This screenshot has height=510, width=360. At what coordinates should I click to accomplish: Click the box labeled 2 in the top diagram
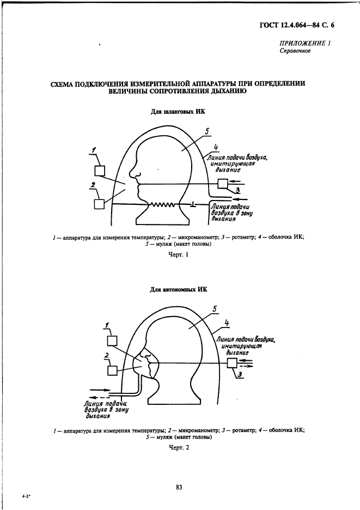tap(99, 203)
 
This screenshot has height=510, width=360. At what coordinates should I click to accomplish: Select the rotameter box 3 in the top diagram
tap(223, 184)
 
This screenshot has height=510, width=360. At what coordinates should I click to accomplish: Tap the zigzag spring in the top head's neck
tap(163, 205)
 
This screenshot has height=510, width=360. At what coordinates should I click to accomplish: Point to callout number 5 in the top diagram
tap(208, 130)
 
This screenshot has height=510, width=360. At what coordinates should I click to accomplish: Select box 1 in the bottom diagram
tap(113, 341)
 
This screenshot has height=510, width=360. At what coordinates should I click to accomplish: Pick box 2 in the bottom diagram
tap(112, 370)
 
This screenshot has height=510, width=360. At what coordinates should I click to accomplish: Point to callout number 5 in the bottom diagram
tap(215, 309)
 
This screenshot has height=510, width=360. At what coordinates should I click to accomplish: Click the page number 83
tap(179, 487)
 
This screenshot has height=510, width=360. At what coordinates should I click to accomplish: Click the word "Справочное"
tap(295, 51)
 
